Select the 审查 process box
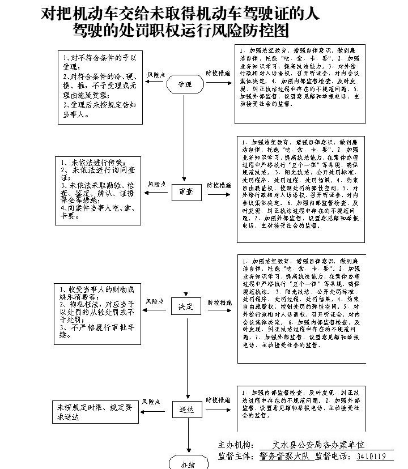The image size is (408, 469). (186, 193)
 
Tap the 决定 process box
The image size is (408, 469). (186, 306)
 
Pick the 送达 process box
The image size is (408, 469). (186, 409)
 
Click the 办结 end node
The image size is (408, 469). (188, 463)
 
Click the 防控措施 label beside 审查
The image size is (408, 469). (218, 186)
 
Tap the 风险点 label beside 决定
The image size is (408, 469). (155, 301)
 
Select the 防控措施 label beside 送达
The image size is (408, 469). (218, 400)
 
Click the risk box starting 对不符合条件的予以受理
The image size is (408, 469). (99, 86)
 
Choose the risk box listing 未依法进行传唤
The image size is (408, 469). (97, 190)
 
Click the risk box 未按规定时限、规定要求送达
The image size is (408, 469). (97, 412)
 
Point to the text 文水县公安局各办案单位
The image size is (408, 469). (318, 445)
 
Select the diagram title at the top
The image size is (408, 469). (180, 22)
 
